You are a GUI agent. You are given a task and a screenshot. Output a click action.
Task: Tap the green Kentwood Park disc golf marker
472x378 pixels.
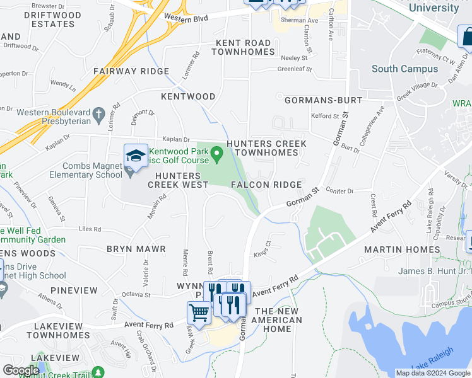216,152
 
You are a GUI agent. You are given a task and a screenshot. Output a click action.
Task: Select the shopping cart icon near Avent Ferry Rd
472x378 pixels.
199,312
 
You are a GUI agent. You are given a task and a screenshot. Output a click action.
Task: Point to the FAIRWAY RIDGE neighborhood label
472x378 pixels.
131,72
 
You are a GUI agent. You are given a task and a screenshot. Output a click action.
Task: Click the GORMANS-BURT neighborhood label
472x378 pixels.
323,100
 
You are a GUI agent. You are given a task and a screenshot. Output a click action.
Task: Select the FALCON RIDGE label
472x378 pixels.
266,184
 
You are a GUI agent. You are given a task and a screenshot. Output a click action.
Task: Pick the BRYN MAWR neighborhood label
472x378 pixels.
136,249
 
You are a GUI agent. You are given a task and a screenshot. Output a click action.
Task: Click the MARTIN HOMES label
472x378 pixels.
402,249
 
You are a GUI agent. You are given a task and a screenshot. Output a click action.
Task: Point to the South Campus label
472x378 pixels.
404,69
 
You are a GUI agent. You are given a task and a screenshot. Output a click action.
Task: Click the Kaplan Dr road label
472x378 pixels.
176,139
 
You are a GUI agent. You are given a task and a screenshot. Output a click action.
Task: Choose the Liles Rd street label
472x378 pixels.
91,229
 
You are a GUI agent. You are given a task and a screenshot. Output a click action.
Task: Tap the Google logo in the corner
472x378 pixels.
21,370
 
